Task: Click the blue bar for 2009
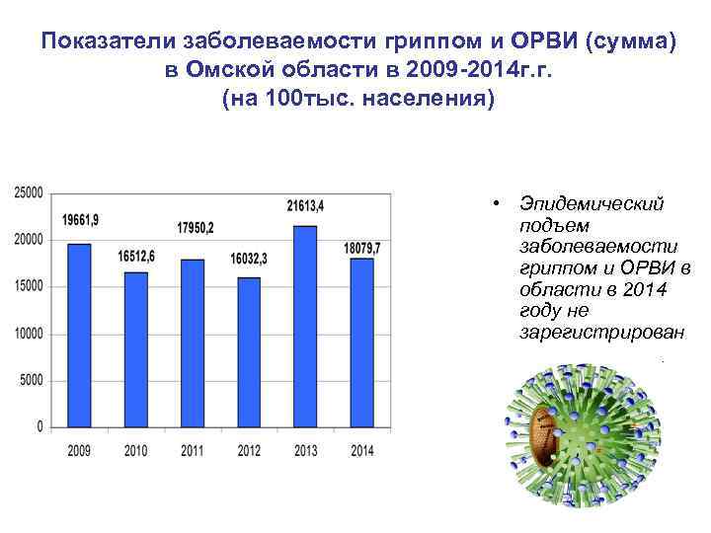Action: click(x=79, y=336)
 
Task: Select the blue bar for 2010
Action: click(x=136, y=349)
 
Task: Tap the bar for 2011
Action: click(x=193, y=343)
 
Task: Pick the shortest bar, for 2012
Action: click(x=249, y=352)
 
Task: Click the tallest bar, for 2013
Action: click(x=305, y=327)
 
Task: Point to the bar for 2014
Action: click(x=362, y=343)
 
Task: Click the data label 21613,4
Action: click(x=306, y=205)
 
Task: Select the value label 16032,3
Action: click(x=249, y=259)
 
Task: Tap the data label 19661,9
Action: click(x=81, y=220)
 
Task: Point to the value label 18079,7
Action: click(x=361, y=245)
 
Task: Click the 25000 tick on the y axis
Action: click(x=29, y=193)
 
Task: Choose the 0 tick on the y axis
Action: click(x=39, y=427)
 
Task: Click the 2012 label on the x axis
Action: click(x=249, y=451)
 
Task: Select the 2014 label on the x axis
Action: click(x=362, y=451)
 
